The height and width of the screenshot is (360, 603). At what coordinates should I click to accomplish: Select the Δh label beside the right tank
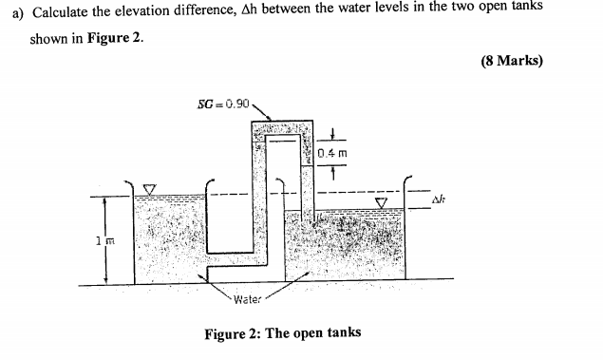pos(439,200)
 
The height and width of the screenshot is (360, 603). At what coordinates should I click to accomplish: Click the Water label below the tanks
pos(248,297)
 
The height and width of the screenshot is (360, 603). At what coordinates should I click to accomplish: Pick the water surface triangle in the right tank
pos(383,202)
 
